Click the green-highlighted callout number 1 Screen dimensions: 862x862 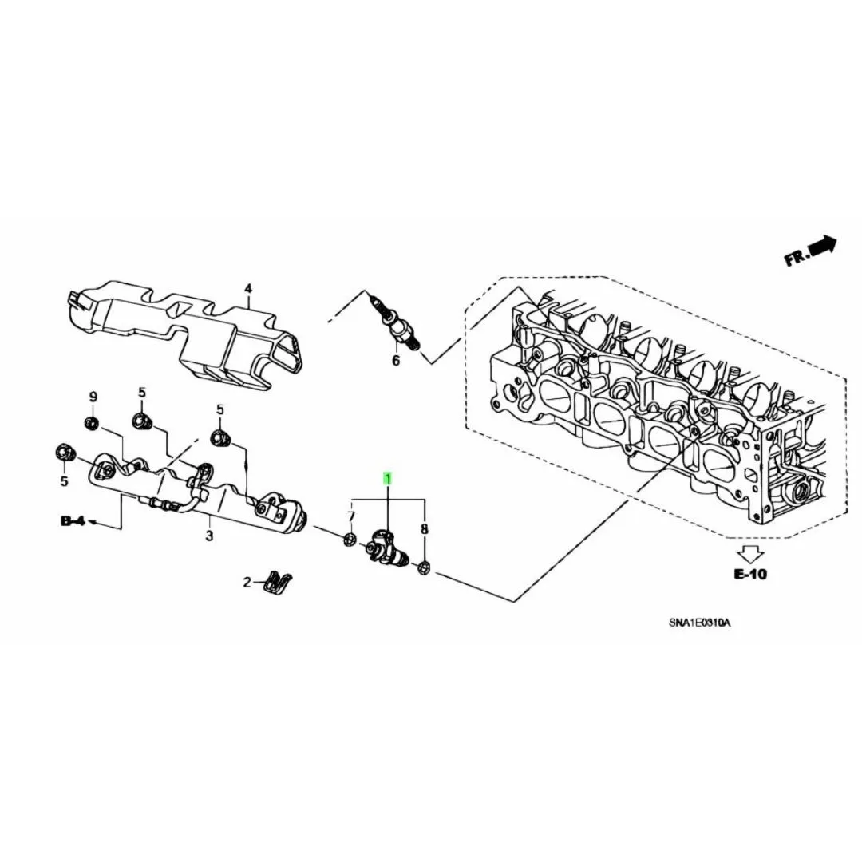(388, 479)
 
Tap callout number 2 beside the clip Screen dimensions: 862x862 (247, 582)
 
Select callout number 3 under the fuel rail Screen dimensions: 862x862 (209, 535)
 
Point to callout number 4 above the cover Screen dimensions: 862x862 (248, 289)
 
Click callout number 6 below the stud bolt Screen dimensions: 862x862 (396, 361)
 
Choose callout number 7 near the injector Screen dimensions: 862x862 (351, 516)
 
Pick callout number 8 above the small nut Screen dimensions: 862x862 (424, 529)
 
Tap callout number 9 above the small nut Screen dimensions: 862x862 (93, 397)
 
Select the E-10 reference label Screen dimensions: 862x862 (750, 574)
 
